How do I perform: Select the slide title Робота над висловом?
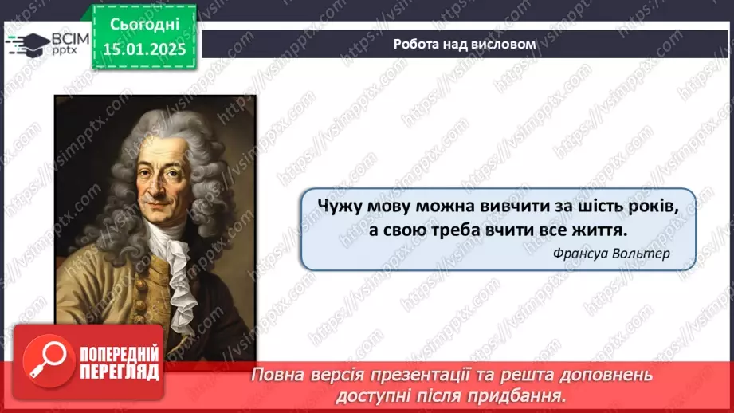464,44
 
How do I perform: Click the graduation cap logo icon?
27,43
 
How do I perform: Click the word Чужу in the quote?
341,206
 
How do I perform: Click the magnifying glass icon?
44,361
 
